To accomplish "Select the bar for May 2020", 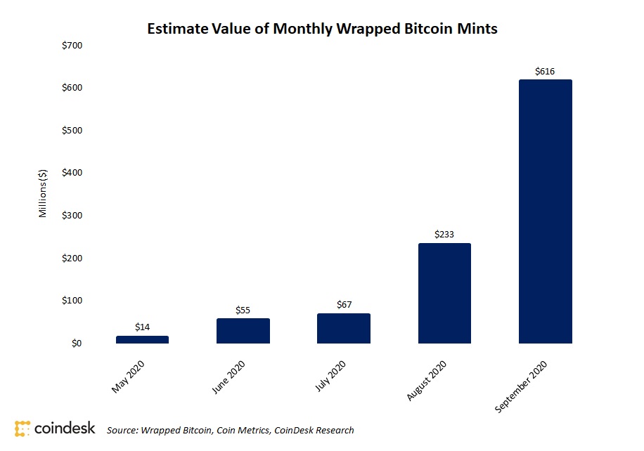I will coord(142,339).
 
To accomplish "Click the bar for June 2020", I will coord(243,331).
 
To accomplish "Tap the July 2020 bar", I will coord(343,328).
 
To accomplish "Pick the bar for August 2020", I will coord(444,293).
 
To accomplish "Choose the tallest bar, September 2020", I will coord(545,211).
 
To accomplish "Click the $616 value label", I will coord(545,71).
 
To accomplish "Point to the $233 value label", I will coord(444,235).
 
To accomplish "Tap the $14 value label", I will coord(142,327).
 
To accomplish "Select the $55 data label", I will coord(243,310).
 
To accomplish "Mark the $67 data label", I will coord(343,305).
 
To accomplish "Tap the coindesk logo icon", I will coord(22,428).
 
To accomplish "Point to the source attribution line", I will coord(230,430).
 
